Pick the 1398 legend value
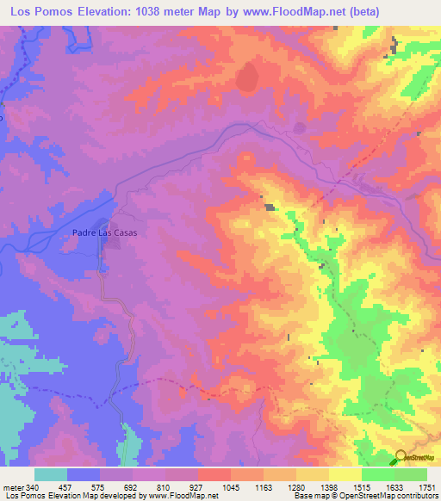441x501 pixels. point(328,488)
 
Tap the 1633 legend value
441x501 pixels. point(394,488)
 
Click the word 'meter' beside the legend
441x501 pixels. point(12,488)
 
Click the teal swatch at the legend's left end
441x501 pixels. point(51,474)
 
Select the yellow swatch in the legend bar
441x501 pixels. point(345,474)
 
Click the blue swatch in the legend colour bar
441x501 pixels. point(84,474)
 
